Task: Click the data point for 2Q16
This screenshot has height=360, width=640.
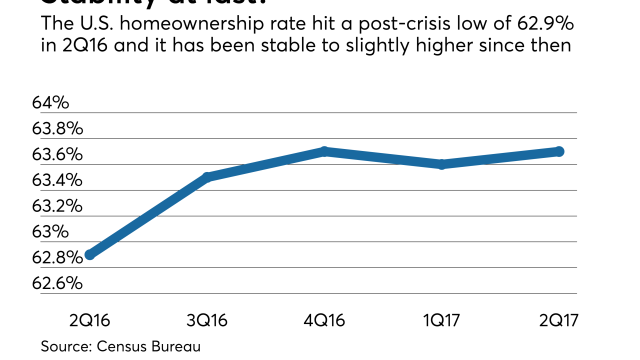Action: click(90, 254)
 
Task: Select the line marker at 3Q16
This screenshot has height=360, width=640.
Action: click(207, 177)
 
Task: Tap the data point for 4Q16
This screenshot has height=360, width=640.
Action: click(324, 151)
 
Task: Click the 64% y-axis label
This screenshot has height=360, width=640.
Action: click(50, 103)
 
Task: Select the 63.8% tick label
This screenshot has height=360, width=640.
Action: click(57, 129)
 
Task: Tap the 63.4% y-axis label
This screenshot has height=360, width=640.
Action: click(57, 180)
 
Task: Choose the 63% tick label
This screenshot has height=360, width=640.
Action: click(50, 232)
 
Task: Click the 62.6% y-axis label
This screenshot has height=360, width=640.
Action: click(57, 283)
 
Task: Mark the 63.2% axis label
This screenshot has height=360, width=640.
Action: click(57, 206)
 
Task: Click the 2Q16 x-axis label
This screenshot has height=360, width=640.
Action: click(90, 319)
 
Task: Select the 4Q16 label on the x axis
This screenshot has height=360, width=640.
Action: click(324, 319)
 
